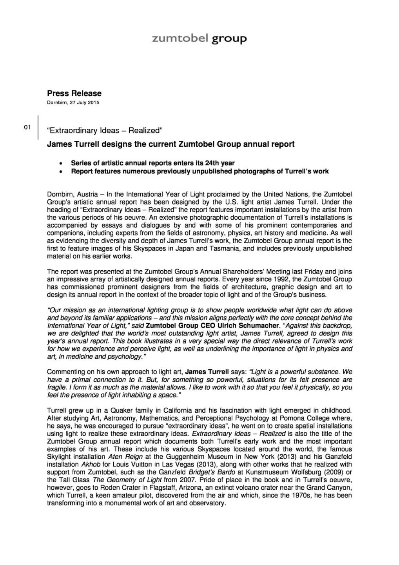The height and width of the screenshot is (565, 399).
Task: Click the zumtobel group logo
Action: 199,38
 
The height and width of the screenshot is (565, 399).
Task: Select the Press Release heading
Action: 74,93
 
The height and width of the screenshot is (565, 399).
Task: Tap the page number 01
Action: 27,127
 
